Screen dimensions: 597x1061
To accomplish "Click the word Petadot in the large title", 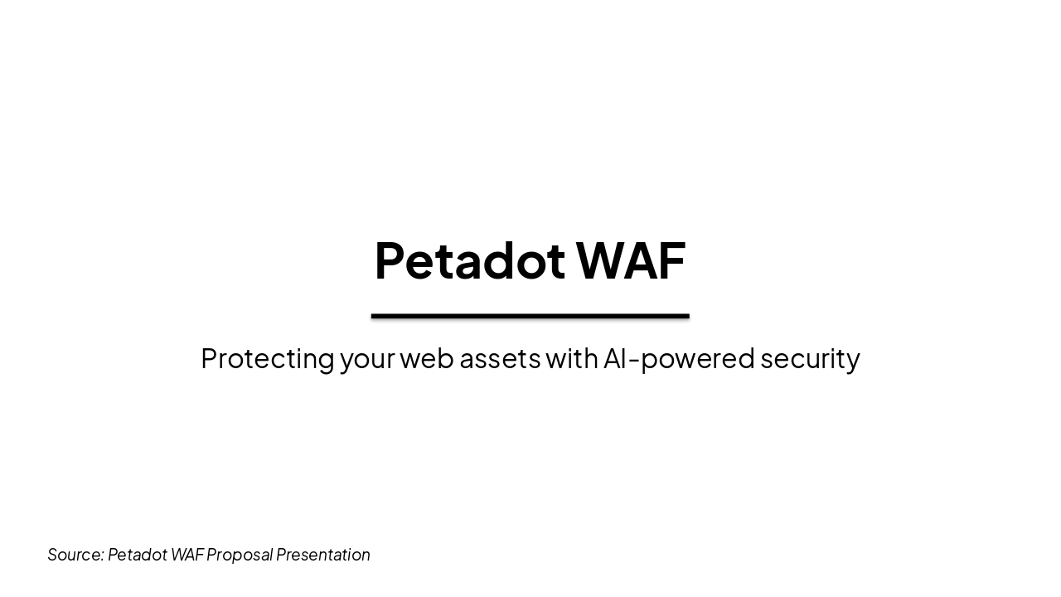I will pyautogui.click(x=469, y=261).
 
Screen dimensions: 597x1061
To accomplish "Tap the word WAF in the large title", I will pyautogui.click(x=631, y=261).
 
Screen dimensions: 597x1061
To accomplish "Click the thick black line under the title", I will pyautogui.click(x=530, y=316).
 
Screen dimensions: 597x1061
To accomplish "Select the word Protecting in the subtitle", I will pyautogui.click(x=267, y=359).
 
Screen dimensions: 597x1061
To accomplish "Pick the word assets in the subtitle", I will pyautogui.click(x=500, y=359).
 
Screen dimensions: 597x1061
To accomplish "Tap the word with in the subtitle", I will pyautogui.click(x=572, y=358).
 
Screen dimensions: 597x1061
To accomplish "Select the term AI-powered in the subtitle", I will pyautogui.click(x=679, y=359).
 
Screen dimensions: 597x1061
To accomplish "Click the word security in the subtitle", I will pyautogui.click(x=810, y=359).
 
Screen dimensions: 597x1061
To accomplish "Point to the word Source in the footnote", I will pyautogui.click(x=75, y=555).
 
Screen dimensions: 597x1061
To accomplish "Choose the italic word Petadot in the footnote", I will pyautogui.click(x=138, y=555).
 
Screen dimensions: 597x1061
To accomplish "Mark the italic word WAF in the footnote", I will pyautogui.click(x=187, y=555).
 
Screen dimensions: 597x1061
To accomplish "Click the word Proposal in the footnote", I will pyautogui.click(x=240, y=555).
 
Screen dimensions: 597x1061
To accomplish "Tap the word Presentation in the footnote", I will pyautogui.click(x=323, y=555).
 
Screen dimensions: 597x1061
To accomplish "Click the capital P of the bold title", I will pyautogui.click(x=389, y=261).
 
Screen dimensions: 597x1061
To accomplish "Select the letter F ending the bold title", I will pyautogui.click(x=674, y=261).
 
